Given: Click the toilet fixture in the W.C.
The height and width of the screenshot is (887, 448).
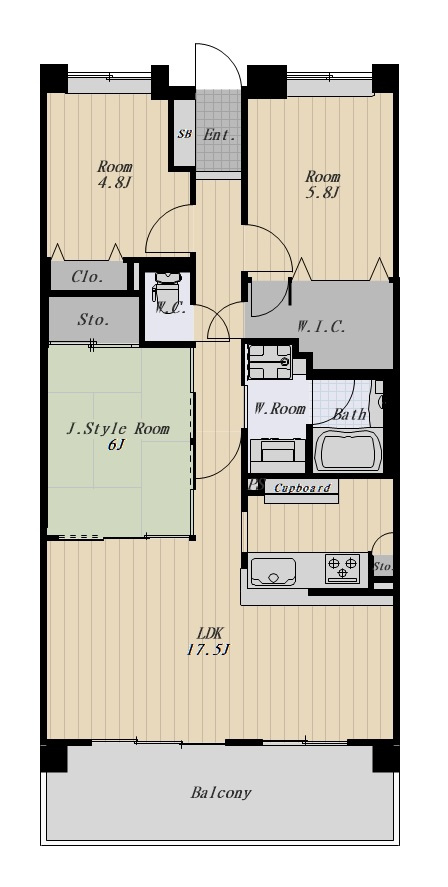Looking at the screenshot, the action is click(x=164, y=287).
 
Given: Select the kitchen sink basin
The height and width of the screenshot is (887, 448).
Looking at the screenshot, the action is click(x=273, y=572).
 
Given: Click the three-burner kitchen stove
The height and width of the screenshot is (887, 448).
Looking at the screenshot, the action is click(x=342, y=568).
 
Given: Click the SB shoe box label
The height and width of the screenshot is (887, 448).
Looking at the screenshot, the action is click(x=184, y=134).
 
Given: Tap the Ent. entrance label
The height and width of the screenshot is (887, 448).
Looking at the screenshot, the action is click(x=219, y=135).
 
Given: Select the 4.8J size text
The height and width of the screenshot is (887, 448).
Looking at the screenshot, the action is click(x=115, y=183).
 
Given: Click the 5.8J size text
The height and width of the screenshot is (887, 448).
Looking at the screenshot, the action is click(x=323, y=192).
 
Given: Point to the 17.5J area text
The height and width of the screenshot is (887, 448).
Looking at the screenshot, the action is click(x=208, y=649).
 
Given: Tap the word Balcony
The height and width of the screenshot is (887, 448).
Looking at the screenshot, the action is click(x=221, y=793).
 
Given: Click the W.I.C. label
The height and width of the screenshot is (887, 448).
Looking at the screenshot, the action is click(x=321, y=326).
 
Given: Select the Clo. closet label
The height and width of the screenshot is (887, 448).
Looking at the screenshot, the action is click(x=88, y=277).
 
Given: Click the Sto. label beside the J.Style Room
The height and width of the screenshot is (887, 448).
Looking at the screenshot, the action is click(x=93, y=320).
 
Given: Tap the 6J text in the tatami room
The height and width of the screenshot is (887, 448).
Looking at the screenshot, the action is click(x=115, y=445).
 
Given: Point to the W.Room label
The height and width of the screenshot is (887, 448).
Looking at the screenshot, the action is click(x=279, y=408).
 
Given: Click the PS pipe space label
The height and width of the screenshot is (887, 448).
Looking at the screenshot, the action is click(x=257, y=485).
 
